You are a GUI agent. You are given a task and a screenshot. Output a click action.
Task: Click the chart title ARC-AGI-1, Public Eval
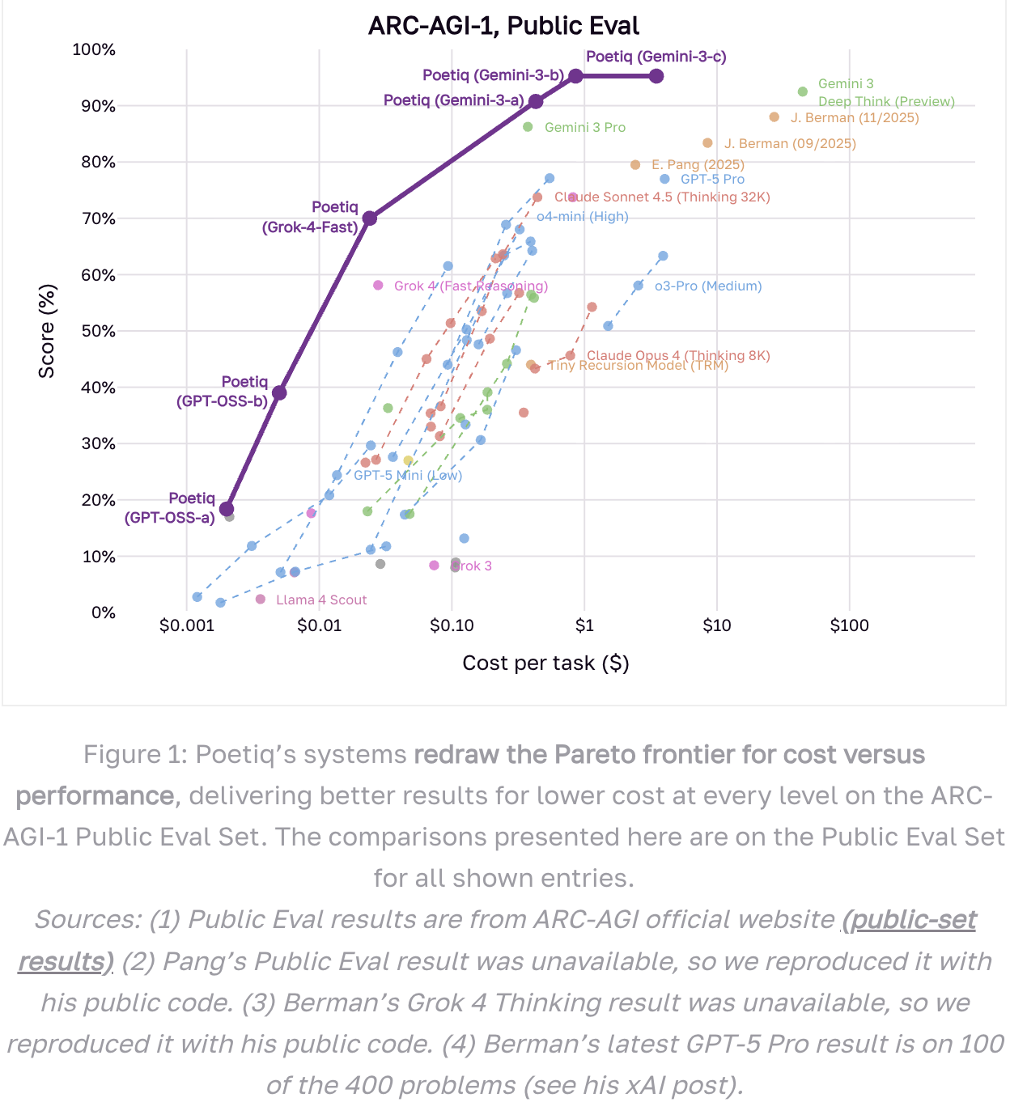[503, 26]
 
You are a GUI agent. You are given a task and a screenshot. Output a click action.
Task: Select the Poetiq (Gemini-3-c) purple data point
[656, 76]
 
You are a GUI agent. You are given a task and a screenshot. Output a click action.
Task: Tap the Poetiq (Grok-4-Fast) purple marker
[369, 218]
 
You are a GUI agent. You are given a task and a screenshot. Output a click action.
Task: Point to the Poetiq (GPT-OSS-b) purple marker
[279, 393]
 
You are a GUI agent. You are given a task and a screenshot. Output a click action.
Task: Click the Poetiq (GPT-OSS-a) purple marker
[227, 509]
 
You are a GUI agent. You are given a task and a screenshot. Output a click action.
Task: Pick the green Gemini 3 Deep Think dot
[803, 92]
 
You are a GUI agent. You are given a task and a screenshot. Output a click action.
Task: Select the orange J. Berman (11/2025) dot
[774, 117]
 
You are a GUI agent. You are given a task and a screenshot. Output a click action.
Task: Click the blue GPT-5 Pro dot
[665, 180]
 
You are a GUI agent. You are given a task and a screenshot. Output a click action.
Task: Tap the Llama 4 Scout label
[321, 600]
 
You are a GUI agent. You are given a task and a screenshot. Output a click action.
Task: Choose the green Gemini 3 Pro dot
[528, 127]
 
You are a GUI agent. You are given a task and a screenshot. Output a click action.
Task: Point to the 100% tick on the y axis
[95, 50]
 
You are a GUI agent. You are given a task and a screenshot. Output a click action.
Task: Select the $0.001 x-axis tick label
[187, 625]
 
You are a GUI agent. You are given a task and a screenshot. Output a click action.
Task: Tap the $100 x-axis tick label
[849, 625]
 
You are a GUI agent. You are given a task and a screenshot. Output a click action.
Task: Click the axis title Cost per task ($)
[545, 663]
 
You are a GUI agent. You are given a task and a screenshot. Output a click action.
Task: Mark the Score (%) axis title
[47, 331]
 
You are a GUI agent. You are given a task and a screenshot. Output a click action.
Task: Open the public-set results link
[909, 921]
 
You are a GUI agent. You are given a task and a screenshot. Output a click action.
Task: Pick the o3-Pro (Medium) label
[708, 286]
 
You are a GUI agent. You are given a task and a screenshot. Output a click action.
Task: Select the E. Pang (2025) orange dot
[635, 165]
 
